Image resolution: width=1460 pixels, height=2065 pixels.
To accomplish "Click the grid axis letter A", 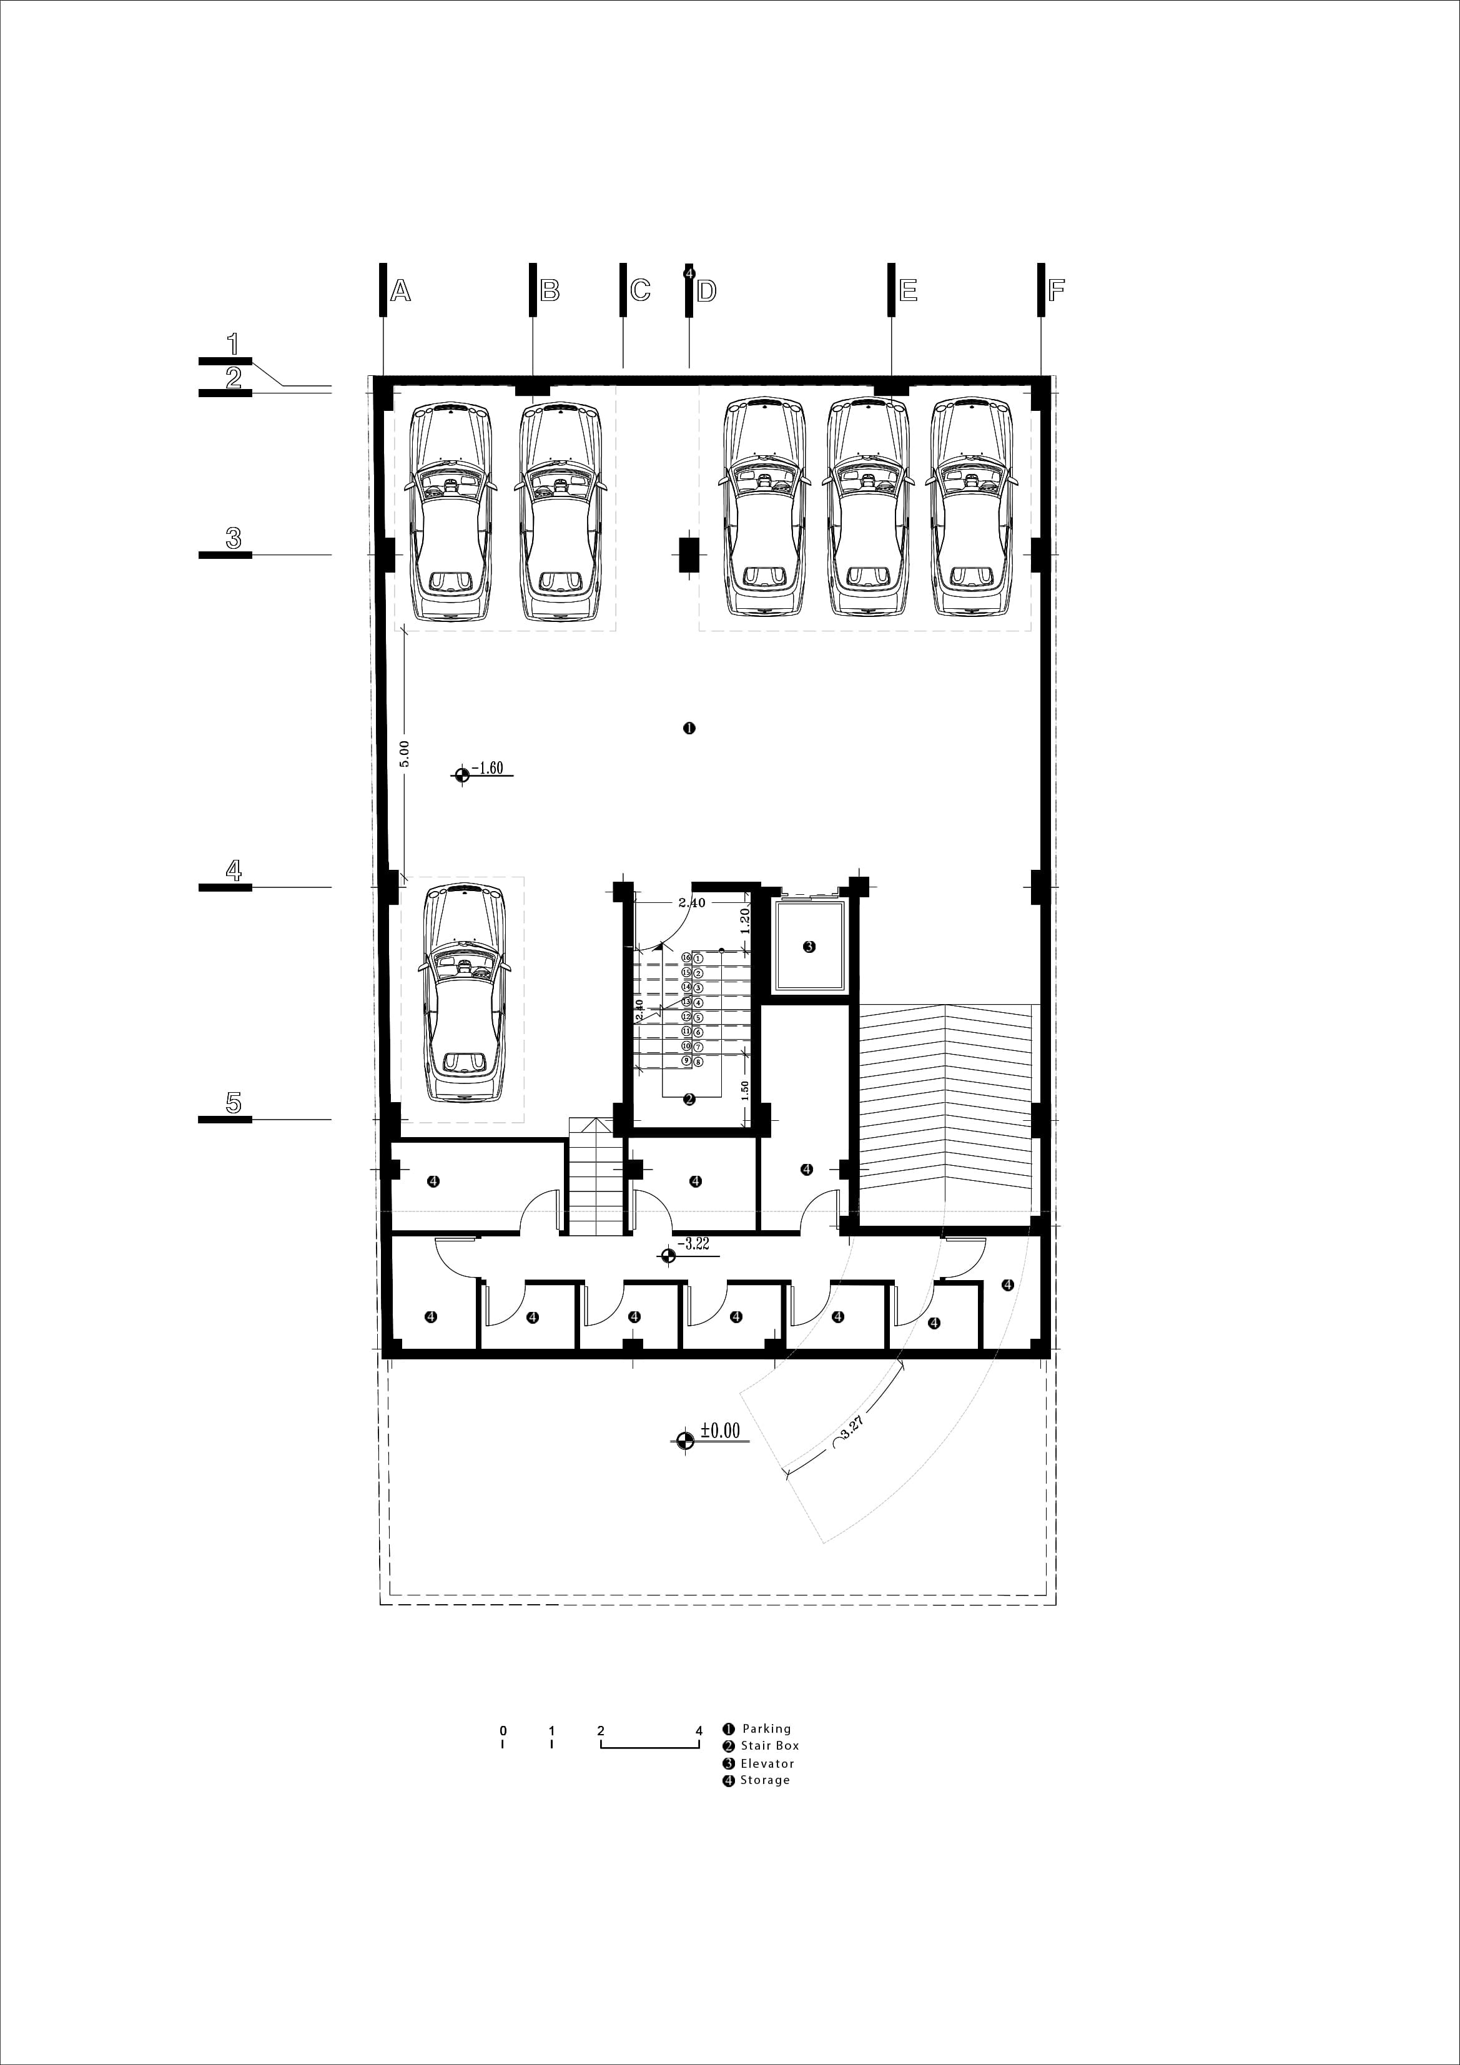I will point(400,290).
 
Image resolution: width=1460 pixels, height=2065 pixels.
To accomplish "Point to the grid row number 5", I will point(233,1103).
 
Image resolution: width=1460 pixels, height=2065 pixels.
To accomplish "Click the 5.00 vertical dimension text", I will point(404,754).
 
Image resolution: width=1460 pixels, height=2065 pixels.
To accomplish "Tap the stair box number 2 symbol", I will point(689,1099).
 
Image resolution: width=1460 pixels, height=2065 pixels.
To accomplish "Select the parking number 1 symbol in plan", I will point(689,729).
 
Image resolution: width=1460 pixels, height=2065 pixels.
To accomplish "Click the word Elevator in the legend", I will point(767,1763).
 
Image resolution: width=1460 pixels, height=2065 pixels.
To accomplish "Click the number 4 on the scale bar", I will point(699,1730).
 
